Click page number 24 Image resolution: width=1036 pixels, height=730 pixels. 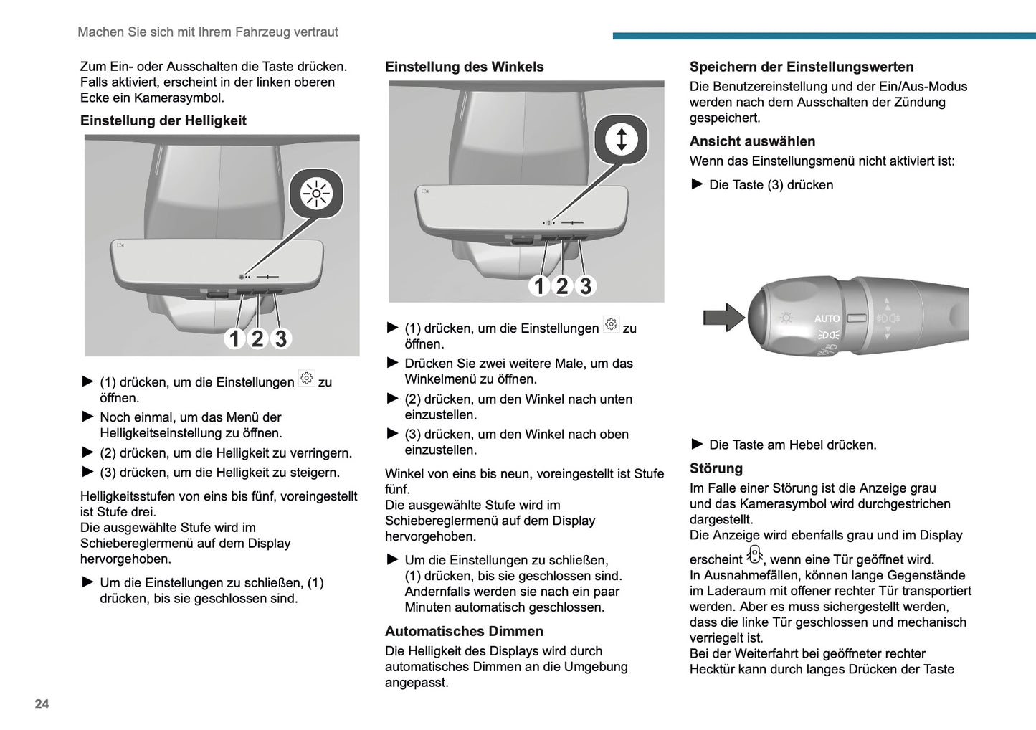coord(42,704)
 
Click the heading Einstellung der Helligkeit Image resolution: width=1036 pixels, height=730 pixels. coord(163,120)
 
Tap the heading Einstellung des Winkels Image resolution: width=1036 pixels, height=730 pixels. coord(464,67)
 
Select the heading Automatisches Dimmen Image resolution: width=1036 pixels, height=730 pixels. coord(464,631)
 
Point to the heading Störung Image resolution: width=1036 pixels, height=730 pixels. coord(716,468)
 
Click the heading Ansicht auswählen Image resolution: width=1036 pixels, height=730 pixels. coord(752,141)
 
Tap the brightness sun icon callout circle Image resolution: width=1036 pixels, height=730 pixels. coord(316,194)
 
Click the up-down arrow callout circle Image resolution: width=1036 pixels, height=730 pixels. coord(621,139)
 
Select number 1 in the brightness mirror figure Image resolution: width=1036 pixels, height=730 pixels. coord(234,338)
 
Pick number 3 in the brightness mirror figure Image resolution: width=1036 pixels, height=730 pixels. coord(281,338)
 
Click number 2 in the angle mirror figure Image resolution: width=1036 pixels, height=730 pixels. coord(562,286)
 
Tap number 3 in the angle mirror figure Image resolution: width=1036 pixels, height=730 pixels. coord(586,286)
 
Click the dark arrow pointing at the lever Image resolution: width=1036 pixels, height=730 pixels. coord(723,317)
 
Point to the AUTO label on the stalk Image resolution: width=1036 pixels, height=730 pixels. coord(827,318)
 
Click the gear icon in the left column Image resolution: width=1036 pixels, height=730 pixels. coord(306,379)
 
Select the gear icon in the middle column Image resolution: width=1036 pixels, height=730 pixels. coord(611,324)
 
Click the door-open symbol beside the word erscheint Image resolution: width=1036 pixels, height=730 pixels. coord(754,555)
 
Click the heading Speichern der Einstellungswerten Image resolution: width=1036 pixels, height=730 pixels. coord(801,67)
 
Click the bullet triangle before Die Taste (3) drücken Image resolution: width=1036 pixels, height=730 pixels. coord(697,184)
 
